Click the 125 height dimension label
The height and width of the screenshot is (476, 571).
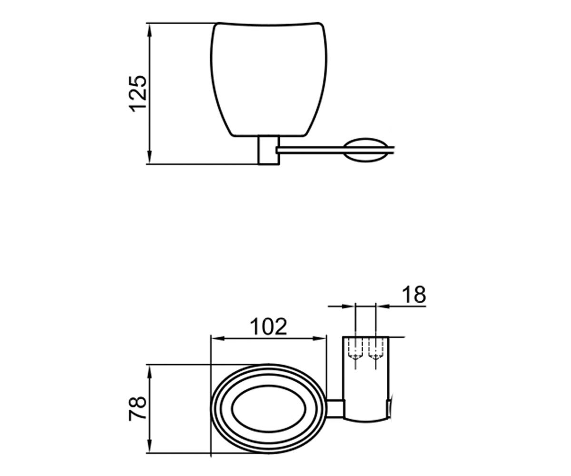click(138, 94)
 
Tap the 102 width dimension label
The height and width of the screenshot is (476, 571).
click(269, 327)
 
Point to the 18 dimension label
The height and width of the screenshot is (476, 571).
click(414, 295)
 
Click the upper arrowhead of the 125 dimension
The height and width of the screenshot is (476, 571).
click(149, 30)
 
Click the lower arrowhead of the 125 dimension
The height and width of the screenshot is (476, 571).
click(149, 157)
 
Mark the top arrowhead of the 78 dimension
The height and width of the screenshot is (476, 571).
click(149, 372)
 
